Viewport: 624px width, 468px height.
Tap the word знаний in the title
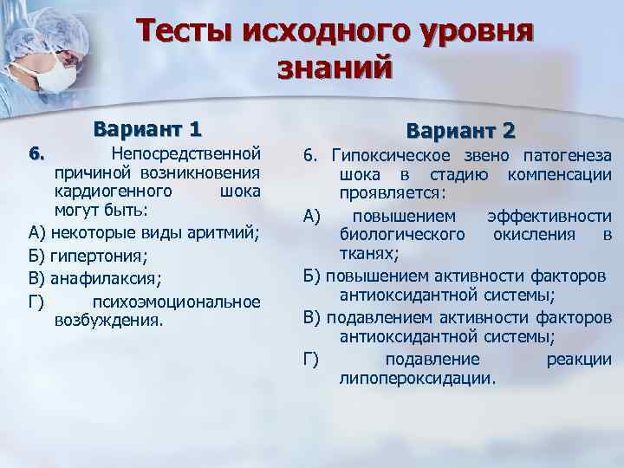pyautogui.click(x=335, y=67)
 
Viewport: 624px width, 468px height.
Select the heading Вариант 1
pyautogui.click(x=148, y=130)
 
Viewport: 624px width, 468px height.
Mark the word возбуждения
pyautogui.click(x=107, y=320)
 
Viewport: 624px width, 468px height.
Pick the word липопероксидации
pyautogui.click(x=419, y=378)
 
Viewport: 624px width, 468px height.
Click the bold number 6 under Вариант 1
pyautogui.click(x=35, y=154)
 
